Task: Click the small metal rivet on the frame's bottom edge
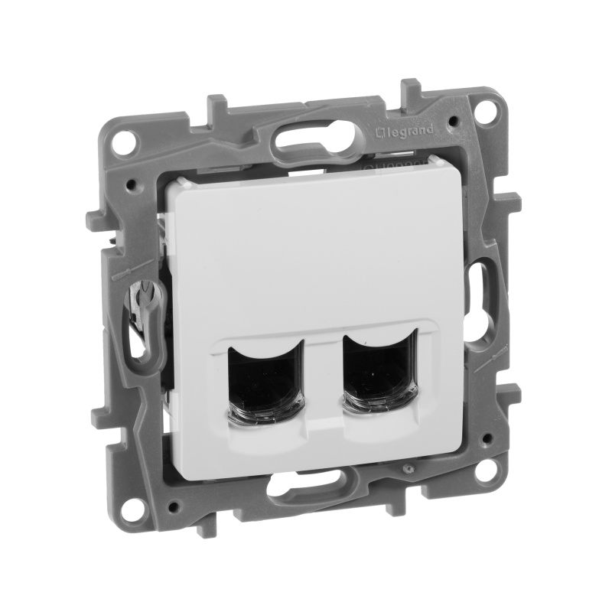(410, 467)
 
